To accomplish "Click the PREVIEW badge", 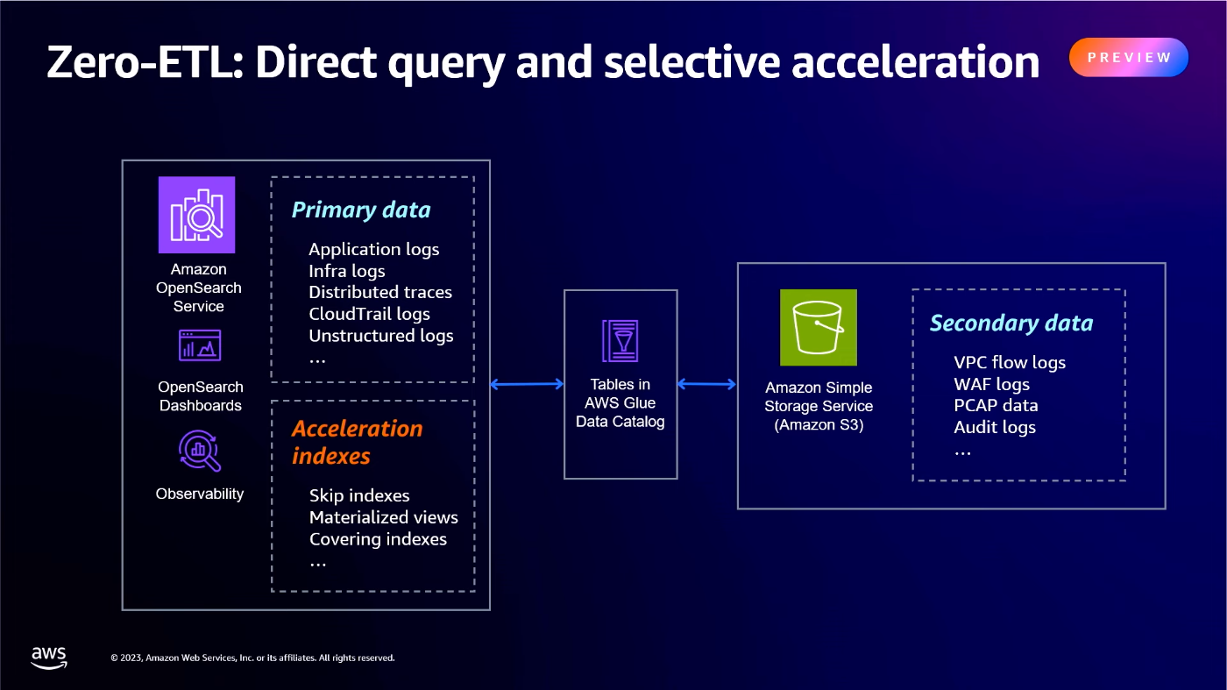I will [x=1128, y=58].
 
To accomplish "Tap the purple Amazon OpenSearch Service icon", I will [x=196, y=215].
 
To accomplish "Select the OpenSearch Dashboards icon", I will [x=200, y=345].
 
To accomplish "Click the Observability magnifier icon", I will [x=199, y=451].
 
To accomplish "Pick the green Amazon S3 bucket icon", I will [x=818, y=327].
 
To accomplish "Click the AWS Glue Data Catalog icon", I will [x=620, y=341].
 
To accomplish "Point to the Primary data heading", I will [x=361, y=210].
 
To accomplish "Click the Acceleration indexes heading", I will [x=357, y=442].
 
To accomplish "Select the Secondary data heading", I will [x=1011, y=324].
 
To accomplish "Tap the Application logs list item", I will [x=373, y=250].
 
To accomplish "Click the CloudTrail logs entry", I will [x=369, y=314].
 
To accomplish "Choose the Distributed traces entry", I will [x=380, y=292].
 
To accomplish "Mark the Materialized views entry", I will [x=383, y=517].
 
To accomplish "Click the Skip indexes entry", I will [x=359, y=496].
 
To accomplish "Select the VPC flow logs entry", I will [x=1010, y=363].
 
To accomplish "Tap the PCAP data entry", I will [x=996, y=406].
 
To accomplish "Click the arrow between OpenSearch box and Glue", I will [x=526, y=383].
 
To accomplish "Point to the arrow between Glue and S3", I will [x=706, y=383].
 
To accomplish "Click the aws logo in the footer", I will [x=49, y=658].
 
